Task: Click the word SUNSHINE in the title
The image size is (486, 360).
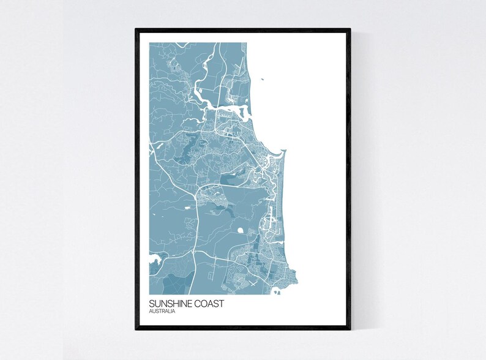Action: (x=168, y=304)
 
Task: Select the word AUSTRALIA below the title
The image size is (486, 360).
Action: (x=162, y=312)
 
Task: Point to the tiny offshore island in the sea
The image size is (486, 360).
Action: (x=261, y=79)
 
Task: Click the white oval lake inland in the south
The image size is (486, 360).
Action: (x=240, y=231)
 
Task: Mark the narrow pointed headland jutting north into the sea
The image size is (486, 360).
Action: (x=280, y=153)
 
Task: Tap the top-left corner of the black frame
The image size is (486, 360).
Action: (x=136, y=29)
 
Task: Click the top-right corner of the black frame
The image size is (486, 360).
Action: (x=350, y=29)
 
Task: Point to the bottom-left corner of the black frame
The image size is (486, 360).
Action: (x=136, y=329)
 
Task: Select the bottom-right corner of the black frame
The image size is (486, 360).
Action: (x=350, y=329)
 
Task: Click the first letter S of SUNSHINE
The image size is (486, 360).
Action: (x=151, y=304)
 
